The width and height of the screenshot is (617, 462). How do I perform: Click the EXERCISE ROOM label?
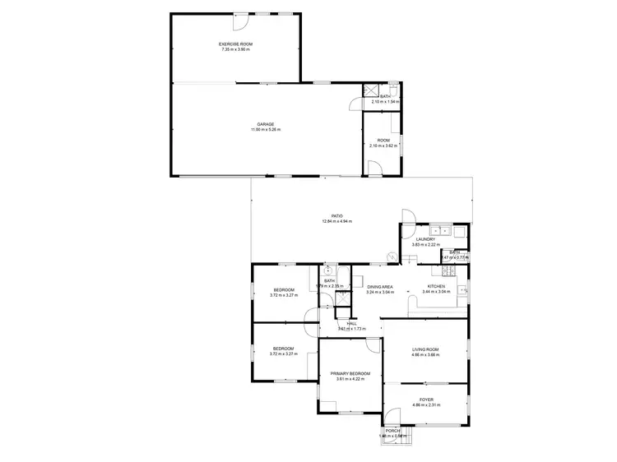coord(234,44)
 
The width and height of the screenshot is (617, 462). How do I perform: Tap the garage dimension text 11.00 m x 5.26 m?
coord(266,130)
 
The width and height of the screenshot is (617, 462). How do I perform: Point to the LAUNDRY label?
coord(425,239)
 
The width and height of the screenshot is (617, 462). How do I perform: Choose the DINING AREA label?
coord(379,287)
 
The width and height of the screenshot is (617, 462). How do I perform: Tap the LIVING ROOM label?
coord(425,350)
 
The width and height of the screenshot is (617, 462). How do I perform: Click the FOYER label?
coord(425,399)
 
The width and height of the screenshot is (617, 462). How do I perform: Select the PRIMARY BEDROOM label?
coord(350,373)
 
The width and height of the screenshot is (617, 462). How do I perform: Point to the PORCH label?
coord(392,431)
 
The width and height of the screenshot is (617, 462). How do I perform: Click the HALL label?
coord(351,324)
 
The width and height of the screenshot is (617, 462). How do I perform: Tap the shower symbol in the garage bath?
coord(371,91)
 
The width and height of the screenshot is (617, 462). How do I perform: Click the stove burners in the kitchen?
coord(462,289)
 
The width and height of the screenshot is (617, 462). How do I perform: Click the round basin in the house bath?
coord(327,270)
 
